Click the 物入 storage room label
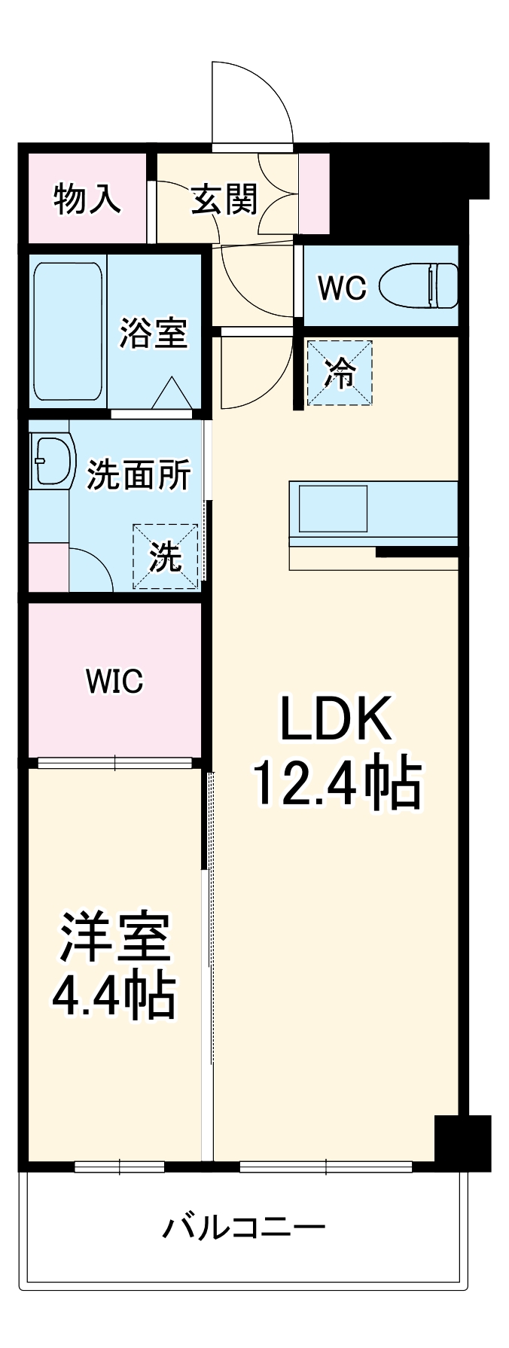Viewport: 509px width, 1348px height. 87,200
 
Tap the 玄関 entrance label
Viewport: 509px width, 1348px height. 224,200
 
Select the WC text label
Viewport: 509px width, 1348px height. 341,287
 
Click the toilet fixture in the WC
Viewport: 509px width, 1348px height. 419,286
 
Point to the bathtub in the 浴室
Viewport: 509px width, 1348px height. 67,332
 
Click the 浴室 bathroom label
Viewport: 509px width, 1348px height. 154,332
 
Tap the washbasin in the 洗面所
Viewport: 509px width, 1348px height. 53,460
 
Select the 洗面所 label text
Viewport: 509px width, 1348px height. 139,474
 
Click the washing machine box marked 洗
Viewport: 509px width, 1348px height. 166,557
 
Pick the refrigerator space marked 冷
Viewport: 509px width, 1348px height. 340,374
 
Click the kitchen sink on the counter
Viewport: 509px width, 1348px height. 334,508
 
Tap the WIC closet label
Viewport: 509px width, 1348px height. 114,682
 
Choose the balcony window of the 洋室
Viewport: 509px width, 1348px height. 120,1167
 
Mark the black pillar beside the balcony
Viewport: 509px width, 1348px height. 462,1140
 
